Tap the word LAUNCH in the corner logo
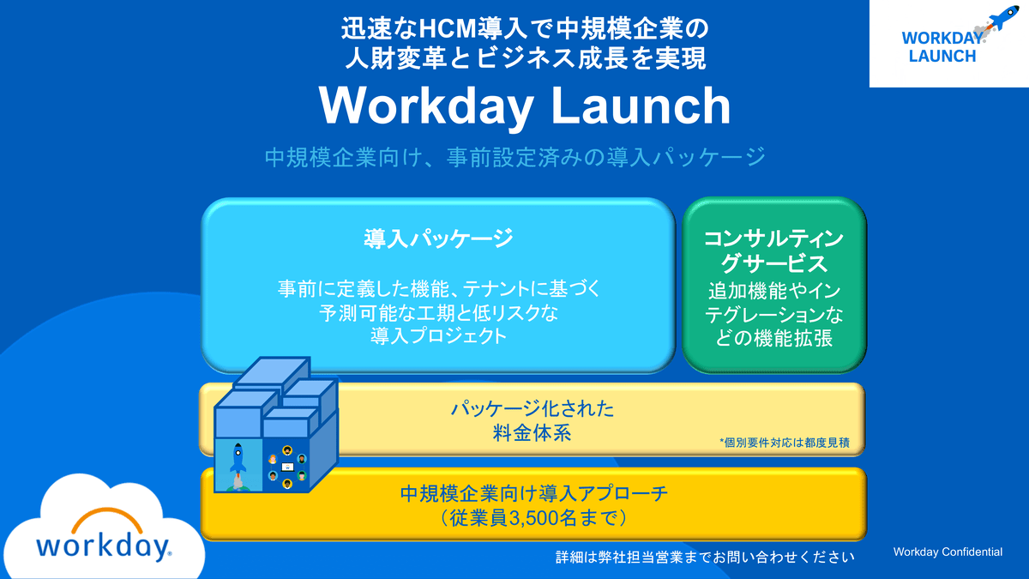coord(942,57)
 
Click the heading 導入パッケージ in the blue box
coord(437,238)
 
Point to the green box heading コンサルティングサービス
coord(773,250)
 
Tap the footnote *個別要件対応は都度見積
coord(789,443)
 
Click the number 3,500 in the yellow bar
coord(541,518)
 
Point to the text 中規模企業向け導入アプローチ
coord(533,494)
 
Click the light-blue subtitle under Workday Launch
coord(514,159)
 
